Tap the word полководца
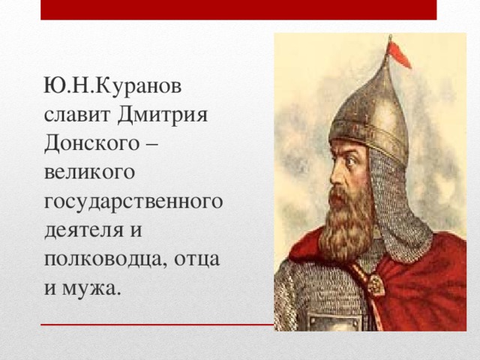(x=106, y=258)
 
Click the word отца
(x=196, y=258)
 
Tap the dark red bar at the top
(x=238, y=10)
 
